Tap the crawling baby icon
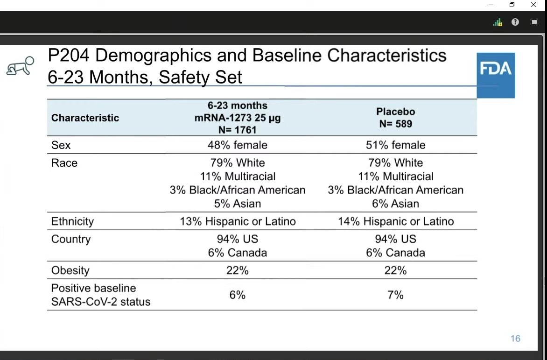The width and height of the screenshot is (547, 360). point(20,67)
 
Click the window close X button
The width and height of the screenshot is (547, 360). point(533,5)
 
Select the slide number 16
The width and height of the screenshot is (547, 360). point(515,339)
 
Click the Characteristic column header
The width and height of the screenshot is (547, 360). point(85,118)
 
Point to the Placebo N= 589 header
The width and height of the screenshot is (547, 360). point(395,118)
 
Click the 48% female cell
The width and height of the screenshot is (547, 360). point(237,145)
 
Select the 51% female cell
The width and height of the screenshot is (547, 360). point(395,145)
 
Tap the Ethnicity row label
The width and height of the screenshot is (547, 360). point(72,221)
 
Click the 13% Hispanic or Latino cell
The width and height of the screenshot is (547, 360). point(238,221)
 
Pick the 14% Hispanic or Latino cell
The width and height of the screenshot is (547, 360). point(396,221)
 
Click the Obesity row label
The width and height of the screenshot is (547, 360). point(70,270)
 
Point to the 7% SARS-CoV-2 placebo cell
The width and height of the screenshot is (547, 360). point(395,295)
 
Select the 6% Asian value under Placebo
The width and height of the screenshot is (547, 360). point(395,204)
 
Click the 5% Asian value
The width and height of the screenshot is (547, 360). point(237,204)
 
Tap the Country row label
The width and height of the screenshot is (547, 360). point(71,239)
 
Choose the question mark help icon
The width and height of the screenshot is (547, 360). point(515,22)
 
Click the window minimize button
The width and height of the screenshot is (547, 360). point(491,5)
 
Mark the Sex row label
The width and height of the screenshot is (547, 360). point(61,145)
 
